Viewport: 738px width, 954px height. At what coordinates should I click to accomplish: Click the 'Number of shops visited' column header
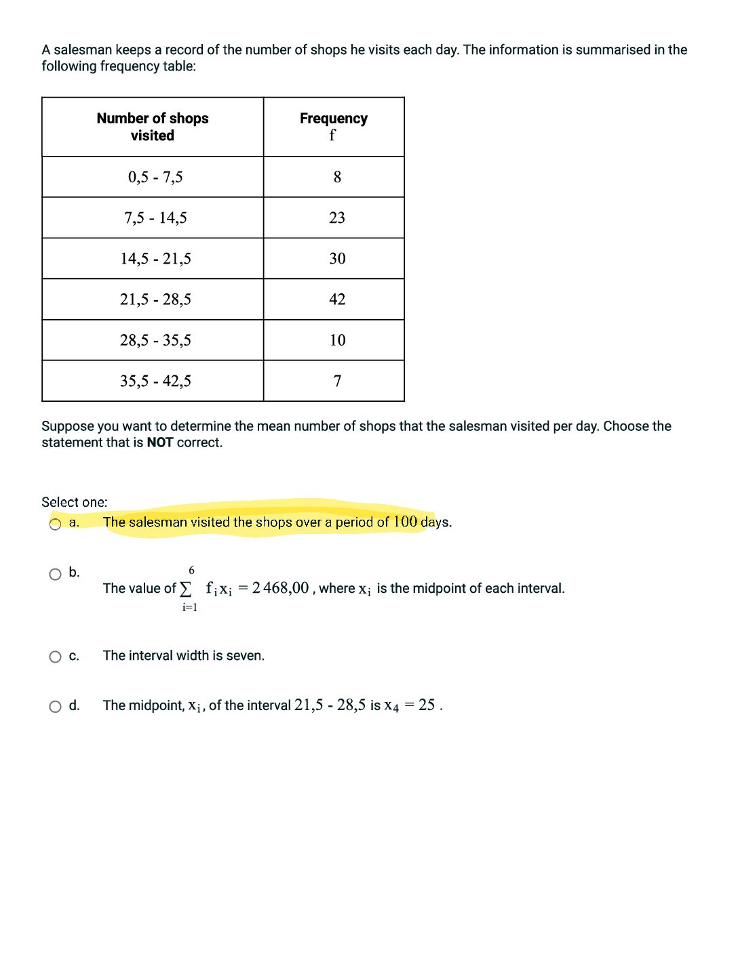[x=153, y=127]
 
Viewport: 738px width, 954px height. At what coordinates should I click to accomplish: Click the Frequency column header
[x=333, y=127]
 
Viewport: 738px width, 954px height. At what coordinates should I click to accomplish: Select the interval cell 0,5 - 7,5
[x=155, y=178]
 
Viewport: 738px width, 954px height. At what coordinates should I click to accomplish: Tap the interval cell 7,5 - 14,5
[x=155, y=218]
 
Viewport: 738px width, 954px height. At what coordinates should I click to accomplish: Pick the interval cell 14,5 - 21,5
[x=155, y=259]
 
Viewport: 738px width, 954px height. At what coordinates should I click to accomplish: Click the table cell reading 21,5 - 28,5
[x=155, y=299]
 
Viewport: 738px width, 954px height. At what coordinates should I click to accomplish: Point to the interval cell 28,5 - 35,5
[x=155, y=340]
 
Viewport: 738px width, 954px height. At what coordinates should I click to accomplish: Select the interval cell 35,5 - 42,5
[x=155, y=381]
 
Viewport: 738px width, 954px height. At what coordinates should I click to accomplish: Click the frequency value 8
[x=337, y=178]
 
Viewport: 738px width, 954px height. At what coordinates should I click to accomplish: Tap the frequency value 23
[x=337, y=218]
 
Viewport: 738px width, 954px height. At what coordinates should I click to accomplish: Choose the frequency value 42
[x=337, y=299]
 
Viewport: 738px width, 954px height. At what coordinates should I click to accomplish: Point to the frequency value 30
[x=337, y=259]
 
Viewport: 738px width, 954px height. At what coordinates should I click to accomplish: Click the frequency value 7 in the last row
[x=337, y=381]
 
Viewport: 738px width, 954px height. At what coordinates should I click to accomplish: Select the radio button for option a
[x=55, y=524]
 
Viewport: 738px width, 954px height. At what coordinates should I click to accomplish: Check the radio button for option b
[x=55, y=575]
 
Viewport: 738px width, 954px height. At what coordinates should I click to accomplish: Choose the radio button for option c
[x=55, y=657]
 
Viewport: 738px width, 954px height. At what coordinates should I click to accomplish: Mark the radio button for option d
[x=55, y=707]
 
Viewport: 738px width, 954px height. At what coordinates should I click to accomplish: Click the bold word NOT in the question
[x=160, y=443]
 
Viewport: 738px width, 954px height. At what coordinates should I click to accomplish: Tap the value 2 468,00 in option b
[x=280, y=588]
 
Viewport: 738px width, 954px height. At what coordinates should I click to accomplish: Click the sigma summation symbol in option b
[x=186, y=588]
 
